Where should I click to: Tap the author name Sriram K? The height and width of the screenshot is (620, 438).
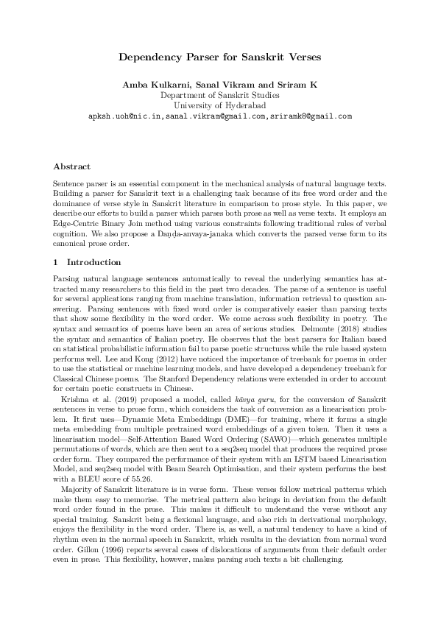pos(297,85)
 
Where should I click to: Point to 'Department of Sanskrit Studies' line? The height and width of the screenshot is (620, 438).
pos(219,95)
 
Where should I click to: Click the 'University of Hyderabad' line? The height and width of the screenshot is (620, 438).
pos(219,105)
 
